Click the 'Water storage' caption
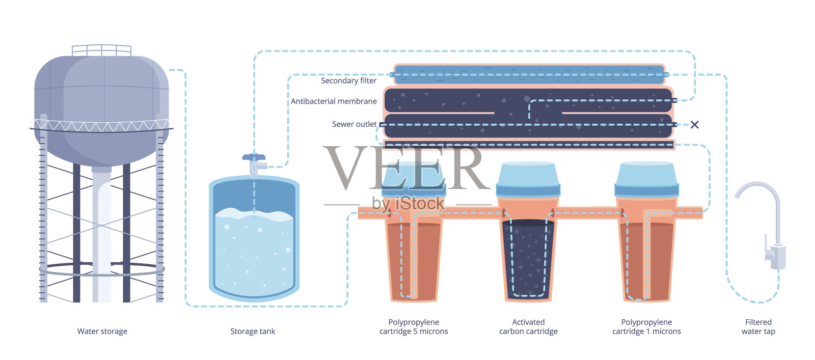point(102,331)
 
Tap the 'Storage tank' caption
point(252,331)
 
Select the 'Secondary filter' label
point(348,80)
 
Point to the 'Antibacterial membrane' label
point(334,101)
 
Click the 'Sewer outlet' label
point(354,124)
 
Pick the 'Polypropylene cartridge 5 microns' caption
point(414,327)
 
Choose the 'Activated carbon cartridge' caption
point(528,327)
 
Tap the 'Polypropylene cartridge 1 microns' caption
point(646,327)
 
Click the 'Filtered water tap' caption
point(758,327)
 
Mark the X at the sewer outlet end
point(694,125)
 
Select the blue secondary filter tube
point(530,75)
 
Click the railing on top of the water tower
point(101,50)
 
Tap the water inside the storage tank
point(254,255)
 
